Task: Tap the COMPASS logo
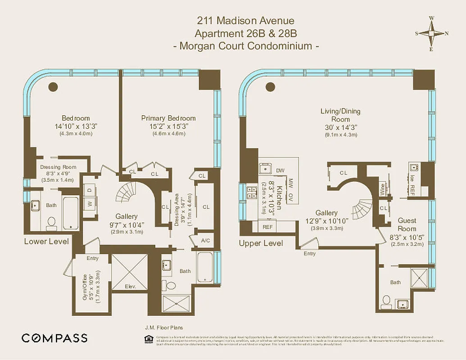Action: coord(54,338)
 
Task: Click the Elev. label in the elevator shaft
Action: coord(130,286)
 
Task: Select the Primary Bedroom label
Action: coord(168,118)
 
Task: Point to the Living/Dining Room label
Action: coord(340,115)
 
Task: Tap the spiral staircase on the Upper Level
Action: coord(362,209)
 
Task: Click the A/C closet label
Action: coord(205,241)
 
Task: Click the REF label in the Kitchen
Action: coord(267,227)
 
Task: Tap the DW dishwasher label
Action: coord(280,171)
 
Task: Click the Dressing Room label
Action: coord(58,167)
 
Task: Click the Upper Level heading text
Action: coord(261,243)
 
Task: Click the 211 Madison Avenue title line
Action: coord(245,21)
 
